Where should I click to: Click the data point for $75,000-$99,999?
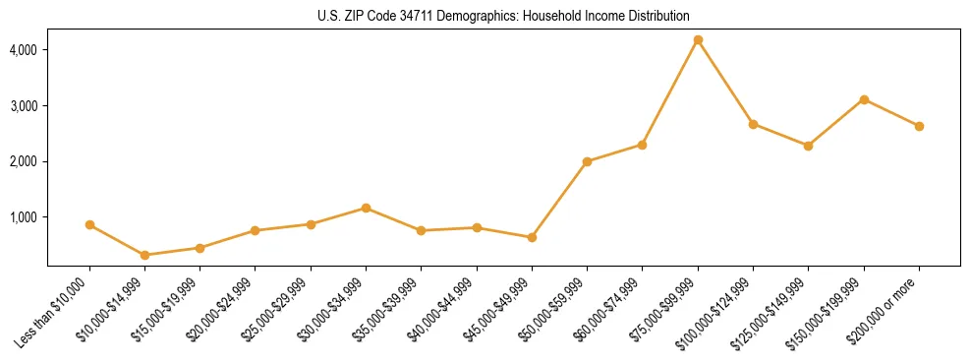698,40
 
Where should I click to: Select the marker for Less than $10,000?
89,225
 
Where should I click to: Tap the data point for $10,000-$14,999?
145,255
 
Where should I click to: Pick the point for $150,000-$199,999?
864,99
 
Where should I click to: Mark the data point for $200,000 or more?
919,126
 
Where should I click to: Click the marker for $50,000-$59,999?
587,161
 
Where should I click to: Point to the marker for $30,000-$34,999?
366,208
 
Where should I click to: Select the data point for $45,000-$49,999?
532,237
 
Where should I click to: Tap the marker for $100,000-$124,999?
753,124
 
